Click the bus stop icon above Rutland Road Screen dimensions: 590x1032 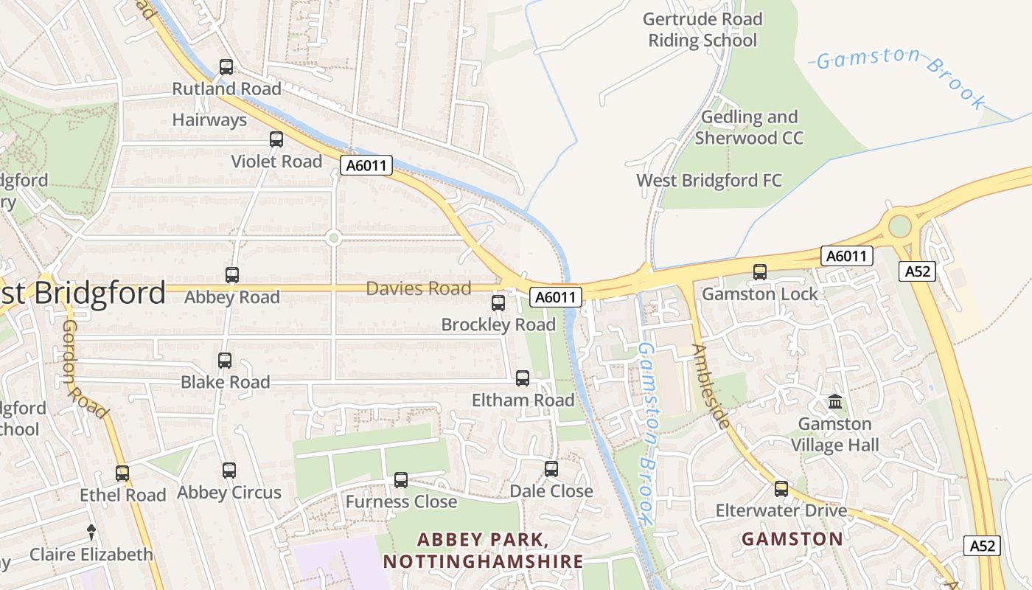point(226,67)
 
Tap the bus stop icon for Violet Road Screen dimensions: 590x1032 point(276,139)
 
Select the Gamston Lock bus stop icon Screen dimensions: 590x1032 point(760,272)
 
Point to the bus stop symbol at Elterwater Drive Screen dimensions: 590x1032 point(781,488)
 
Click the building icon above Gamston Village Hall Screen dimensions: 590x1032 point(835,402)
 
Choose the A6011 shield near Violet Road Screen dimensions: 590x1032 point(366,165)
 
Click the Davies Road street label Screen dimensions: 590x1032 point(418,288)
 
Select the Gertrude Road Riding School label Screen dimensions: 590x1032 point(702,29)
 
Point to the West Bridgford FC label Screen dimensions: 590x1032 point(709,181)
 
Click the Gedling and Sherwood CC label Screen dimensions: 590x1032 point(749,128)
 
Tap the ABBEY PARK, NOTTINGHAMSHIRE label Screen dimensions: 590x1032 point(483,550)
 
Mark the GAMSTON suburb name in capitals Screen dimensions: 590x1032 point(792,539)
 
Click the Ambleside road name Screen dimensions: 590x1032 point(712,386)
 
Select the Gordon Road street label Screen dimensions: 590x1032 point(85,368)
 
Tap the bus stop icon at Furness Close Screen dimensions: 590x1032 point(401,480)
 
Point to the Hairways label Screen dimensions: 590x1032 point(209,120)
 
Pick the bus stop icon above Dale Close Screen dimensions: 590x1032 point(551,469)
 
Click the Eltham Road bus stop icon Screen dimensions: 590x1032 point(523,378)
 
